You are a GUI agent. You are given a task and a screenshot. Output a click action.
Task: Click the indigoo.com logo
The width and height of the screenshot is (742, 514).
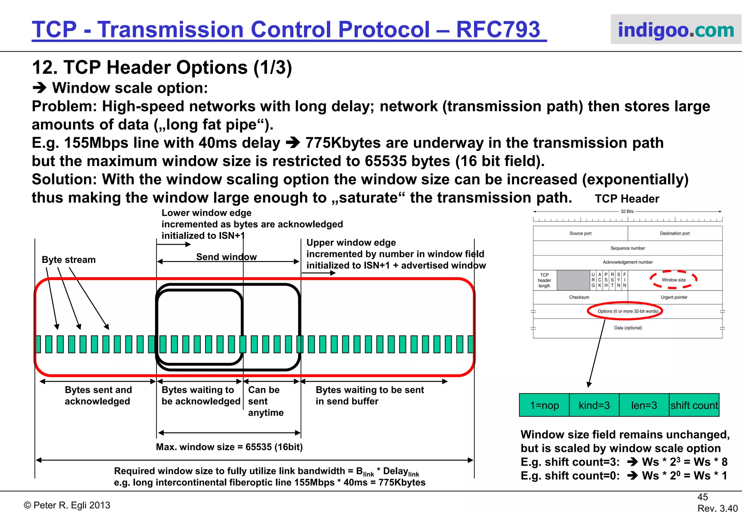(676, 30)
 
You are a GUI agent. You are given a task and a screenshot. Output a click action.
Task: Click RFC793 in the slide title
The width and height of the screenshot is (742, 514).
(498, 29)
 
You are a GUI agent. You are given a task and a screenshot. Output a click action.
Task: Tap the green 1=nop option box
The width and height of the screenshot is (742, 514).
(544, 405)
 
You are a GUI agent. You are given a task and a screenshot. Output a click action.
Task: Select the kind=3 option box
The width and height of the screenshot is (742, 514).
(594, 405)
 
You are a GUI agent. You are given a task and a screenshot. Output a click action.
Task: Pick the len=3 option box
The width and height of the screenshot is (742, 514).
(644, 405)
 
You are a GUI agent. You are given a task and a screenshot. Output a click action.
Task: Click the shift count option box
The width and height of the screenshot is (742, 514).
(694, 405)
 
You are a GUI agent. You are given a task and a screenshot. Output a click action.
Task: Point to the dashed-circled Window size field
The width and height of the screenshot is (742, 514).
(674, 280)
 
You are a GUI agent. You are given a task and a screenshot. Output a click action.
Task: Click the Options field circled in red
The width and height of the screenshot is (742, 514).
(628, 311)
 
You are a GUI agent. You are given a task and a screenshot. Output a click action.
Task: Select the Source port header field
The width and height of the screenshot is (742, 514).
(580, 233)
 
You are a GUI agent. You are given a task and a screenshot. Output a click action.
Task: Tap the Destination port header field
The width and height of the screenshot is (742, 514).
(675, 233)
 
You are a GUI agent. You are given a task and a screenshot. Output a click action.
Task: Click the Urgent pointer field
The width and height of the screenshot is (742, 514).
(674, 297)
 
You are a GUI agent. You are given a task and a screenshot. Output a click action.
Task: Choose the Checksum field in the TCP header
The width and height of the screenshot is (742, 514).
(579, 297)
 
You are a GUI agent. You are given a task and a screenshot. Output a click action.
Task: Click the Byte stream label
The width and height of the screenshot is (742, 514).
(69, 260)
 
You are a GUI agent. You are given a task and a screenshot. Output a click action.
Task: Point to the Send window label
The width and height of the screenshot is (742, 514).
(226, 257)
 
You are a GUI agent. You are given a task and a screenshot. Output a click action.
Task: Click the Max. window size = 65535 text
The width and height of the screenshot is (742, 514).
(229, 447)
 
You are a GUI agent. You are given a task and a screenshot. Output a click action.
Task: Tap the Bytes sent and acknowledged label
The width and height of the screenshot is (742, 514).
(98, 395)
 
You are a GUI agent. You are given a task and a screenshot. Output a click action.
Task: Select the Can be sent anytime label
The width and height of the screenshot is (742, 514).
(265, 401)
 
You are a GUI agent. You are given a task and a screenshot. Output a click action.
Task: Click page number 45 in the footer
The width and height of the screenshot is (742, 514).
(703, 497)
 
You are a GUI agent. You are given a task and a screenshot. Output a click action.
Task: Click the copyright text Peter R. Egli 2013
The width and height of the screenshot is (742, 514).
(67, 505)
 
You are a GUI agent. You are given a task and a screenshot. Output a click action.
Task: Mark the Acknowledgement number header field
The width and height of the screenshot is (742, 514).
(628, 262)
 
